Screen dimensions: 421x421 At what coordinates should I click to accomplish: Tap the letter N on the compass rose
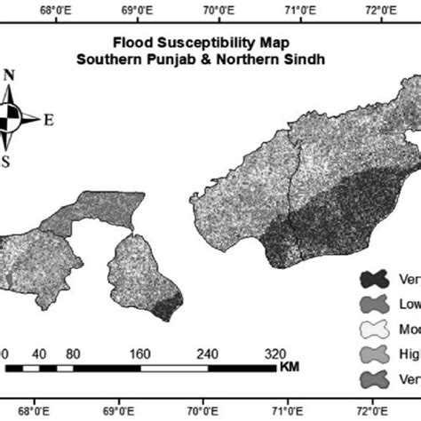coord(9,75)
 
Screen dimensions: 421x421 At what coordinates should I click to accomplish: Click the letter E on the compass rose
coord(49,119)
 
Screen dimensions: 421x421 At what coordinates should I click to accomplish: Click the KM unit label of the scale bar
coord(288,366)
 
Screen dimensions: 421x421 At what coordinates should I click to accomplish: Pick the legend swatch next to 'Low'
coord(372,304)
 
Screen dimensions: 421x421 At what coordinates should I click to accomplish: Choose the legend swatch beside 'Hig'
coord(372,355)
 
